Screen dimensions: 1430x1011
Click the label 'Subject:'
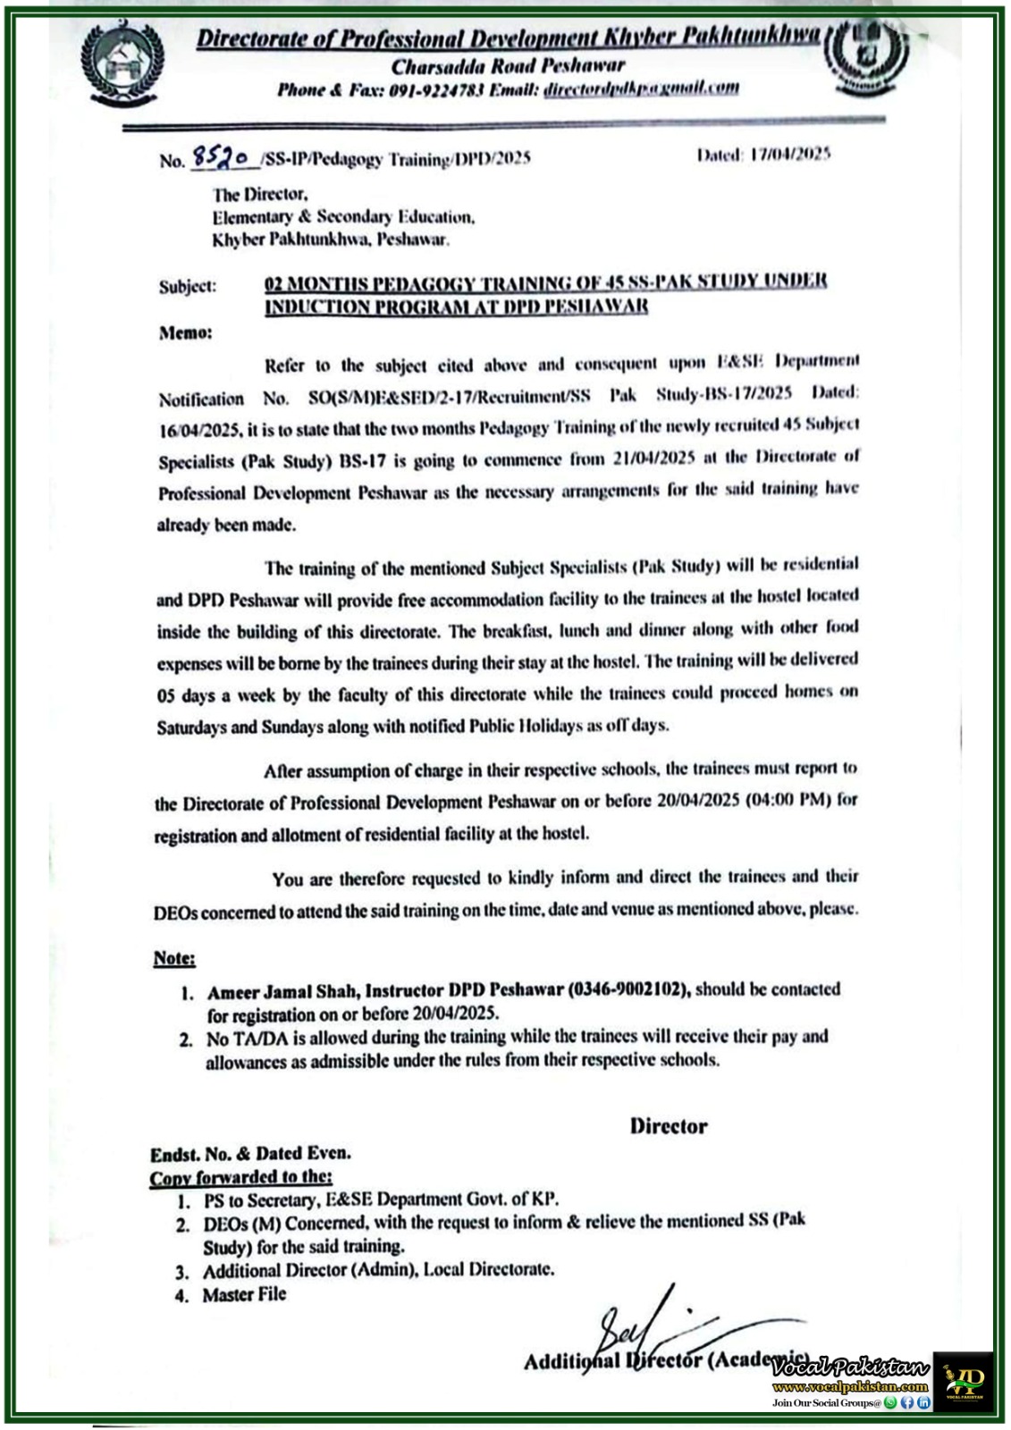coord(188,286)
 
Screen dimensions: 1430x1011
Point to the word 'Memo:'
coord(186,332)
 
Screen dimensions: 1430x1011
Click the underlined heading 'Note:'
coord(174,958)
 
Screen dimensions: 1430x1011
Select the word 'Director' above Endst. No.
coord(669,1126)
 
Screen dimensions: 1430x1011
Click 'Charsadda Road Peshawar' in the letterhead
coord(508,65)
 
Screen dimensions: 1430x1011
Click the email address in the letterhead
coord(641,88)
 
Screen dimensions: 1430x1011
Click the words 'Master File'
coord(244,1294)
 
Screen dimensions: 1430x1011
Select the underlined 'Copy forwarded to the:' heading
coord(240,1177)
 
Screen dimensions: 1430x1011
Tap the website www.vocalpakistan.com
coord(850,1386)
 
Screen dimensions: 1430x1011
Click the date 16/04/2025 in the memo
coord(198,429)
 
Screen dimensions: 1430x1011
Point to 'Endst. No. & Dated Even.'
coord(250,1153)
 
